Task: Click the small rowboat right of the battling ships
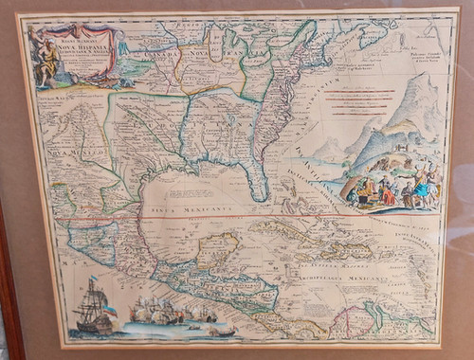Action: (220, 331)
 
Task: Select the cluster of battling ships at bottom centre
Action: (166, 312)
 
